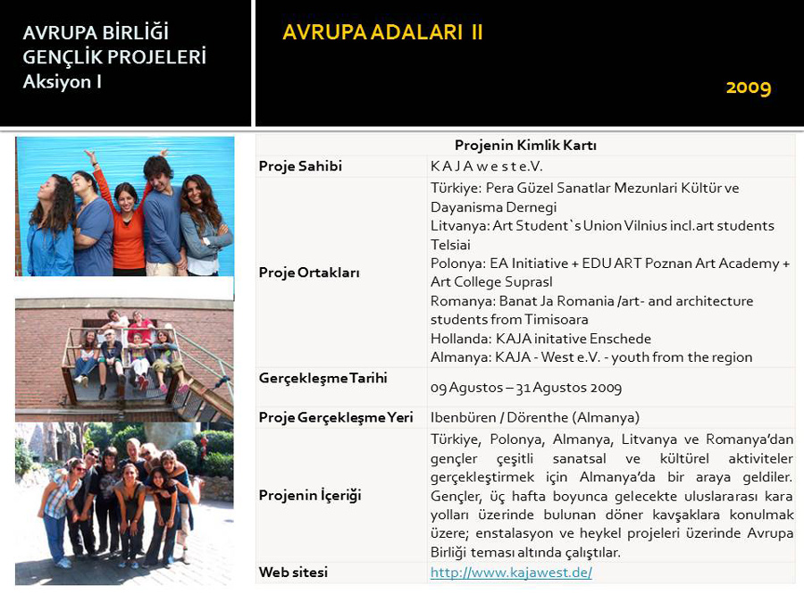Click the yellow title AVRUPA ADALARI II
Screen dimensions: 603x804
pos(382,33)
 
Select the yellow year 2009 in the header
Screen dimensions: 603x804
pos(748,87)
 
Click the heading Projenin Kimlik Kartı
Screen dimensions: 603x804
pos(524,145)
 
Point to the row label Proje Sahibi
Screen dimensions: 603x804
pos(300,166)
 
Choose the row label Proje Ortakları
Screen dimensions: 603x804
pos(309,272)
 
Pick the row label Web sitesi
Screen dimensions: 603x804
pos(293,572)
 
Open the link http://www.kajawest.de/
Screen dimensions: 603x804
pos(511,573)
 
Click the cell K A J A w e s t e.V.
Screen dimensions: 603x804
pos(486,166)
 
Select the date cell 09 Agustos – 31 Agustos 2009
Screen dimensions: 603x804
pos(525,388)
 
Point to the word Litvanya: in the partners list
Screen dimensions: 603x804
pos(459,226)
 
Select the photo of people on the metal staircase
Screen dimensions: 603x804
pos(124,357)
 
